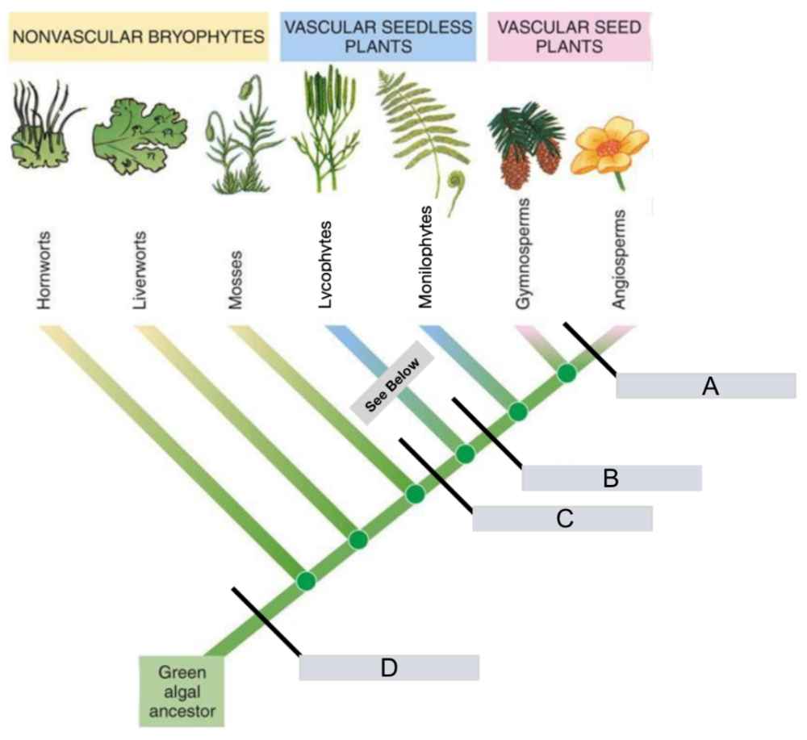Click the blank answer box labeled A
[x=706, y=386]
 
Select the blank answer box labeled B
[x=611, y=478]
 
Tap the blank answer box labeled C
[x=562, y=518]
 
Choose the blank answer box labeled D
[x=389, y=667]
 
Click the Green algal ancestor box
[x=181, y=691]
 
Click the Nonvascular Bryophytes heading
[x=138, y=36]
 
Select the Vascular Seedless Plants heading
[x=377, y=36]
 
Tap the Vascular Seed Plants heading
[x=569, y=36]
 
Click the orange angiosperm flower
[x=609, y=146]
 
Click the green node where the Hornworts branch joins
[x=305, y=580]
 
